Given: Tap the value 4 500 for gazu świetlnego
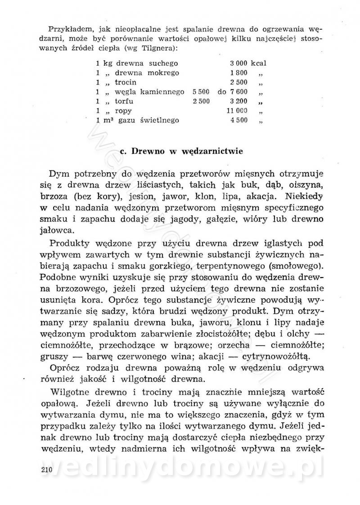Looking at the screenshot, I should point(238,121).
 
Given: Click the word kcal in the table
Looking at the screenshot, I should point(259,63).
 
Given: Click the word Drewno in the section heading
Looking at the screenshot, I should point(149,152).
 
